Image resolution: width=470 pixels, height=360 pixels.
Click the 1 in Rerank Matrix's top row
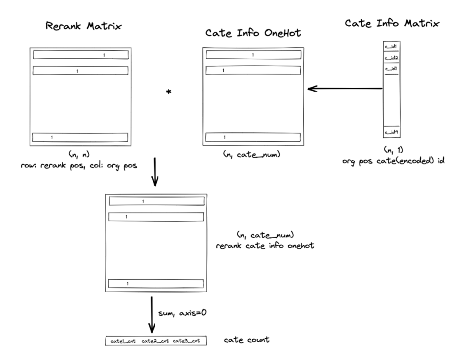tap(104, 55)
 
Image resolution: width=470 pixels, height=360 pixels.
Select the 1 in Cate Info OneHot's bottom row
tap(225, 137)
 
